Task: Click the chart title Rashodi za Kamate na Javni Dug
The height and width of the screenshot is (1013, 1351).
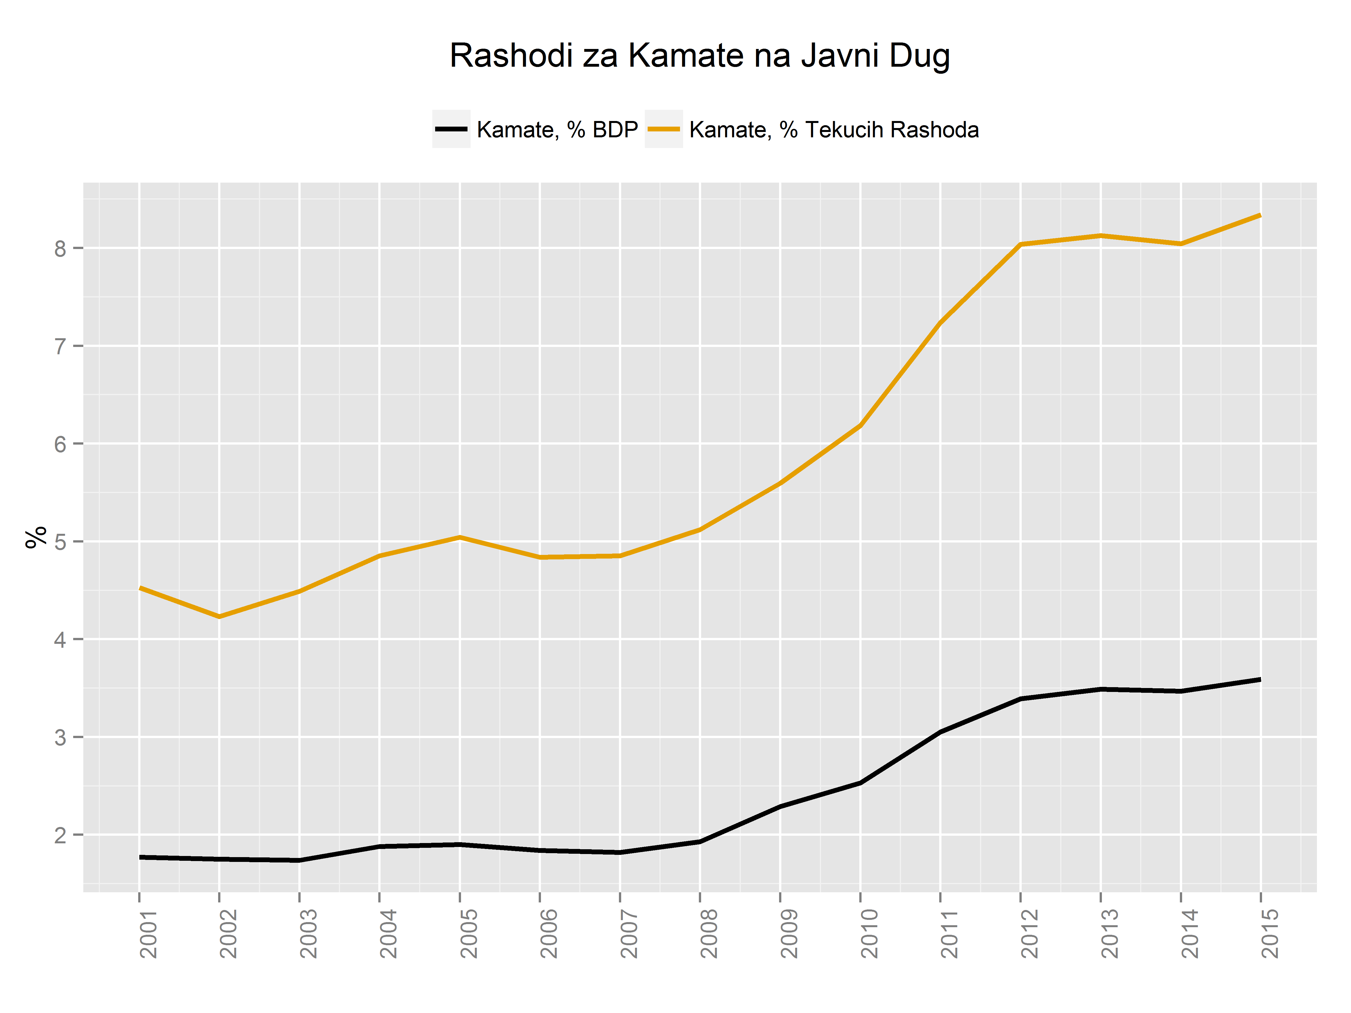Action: (699, 56)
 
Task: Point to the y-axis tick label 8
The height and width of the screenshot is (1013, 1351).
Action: (60, 248)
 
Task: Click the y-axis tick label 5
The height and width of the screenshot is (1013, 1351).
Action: (60, 542)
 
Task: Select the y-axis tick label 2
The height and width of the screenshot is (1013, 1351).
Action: (60, 835)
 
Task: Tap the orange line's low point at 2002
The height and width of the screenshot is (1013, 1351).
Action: (219, 617)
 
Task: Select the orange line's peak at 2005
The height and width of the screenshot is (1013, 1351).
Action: (459, 537)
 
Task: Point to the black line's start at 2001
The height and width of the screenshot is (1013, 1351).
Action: (140, 857)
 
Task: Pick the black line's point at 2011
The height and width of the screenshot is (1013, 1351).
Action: (941, 732)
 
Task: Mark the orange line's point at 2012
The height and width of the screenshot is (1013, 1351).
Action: (1021, 244)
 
